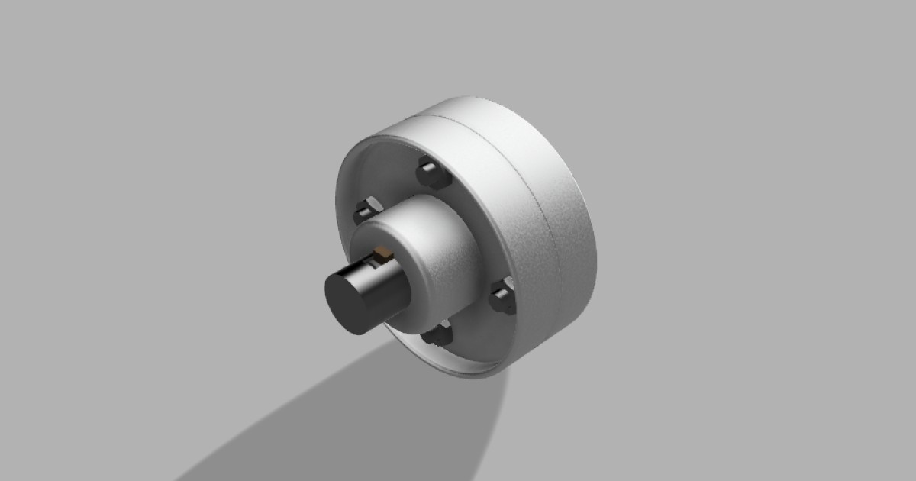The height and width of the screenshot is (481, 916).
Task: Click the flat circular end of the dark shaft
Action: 346,302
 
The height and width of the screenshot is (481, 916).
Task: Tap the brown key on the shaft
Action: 380,251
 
